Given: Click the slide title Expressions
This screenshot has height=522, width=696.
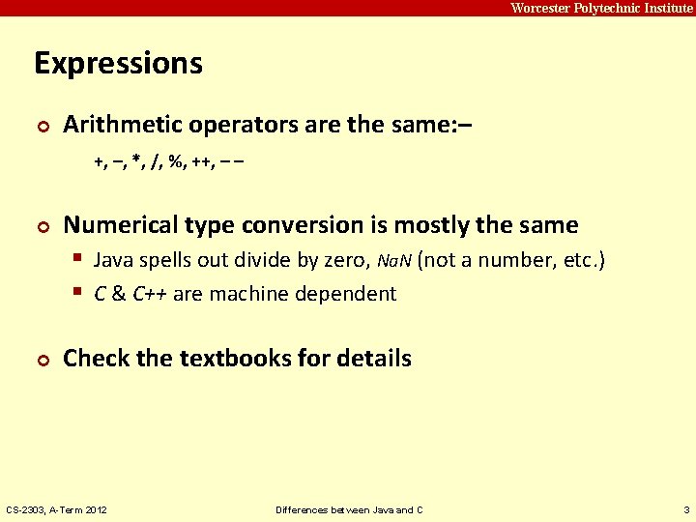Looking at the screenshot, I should [118, 64].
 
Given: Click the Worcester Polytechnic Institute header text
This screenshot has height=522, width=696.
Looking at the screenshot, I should [601, 8].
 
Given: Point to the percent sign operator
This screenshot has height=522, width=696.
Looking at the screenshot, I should [176, 160].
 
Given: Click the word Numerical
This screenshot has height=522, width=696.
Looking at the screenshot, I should [124, 225].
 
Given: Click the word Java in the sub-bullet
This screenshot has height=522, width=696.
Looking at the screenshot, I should [114, 261].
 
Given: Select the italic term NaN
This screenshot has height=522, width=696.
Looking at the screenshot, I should [393, 262].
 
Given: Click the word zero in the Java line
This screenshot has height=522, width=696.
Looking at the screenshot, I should [344, 261].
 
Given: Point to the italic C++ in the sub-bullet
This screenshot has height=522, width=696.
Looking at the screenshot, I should [150, 294].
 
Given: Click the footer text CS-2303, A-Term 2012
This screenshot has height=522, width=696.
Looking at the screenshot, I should [57, 509].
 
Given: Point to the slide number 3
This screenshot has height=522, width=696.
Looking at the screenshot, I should [684, 509].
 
